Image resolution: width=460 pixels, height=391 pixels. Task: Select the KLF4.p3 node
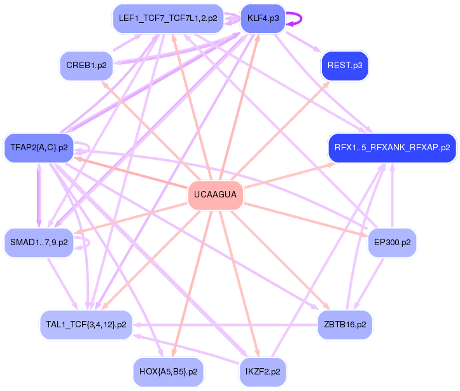coord(261,18)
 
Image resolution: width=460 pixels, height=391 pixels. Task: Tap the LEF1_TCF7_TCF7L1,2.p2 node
coord(167,18)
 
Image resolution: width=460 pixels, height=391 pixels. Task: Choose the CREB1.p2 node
coord(86,65)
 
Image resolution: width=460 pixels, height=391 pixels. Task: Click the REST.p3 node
coord(344,65)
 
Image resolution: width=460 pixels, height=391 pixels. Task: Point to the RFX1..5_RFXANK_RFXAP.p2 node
coord(392,147)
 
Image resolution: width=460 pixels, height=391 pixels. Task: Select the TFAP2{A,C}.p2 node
coord(39,147)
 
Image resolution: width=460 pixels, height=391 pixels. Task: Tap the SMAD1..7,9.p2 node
coord(39,243)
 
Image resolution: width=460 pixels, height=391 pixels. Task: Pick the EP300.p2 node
coord(392,243)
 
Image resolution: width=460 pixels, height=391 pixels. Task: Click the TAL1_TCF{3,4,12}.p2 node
coord(86,324)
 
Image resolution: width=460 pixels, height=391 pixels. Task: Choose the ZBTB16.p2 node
coord(344,324)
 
